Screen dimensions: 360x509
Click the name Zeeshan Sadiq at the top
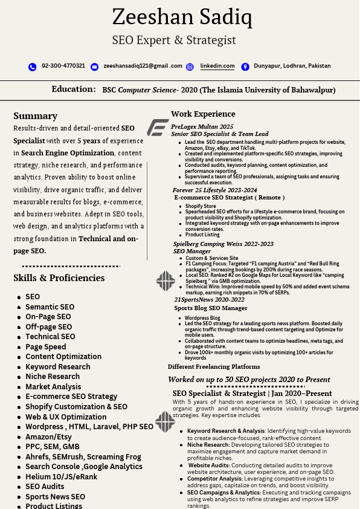(x=182, y=17)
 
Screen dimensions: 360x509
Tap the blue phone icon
(x=32, y=66)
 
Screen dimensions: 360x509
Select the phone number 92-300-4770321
(x=63, y=66)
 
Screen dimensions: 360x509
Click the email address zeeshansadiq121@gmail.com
(x=143, y=66)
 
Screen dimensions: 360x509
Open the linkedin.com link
(x=217, y=66)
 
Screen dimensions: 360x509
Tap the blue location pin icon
(x=245, y=66)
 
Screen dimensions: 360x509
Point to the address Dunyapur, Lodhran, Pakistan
(x=292, y=66)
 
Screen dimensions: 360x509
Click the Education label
(x=74, y=89)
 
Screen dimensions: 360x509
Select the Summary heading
(x=36, y=115)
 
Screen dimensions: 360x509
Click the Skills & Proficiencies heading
(x=59, y=278)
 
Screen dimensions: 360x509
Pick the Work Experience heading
(x=203, y=114)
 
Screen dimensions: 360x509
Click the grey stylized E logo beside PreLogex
(x=158, y=128)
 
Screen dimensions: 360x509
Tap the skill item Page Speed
(x=46, y=347)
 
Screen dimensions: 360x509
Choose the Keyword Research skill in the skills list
(x=58, y=367)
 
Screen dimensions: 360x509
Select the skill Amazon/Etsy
(x=48, y=437)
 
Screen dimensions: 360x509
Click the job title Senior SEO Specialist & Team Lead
(x=220, y=134)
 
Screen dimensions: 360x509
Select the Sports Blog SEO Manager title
(x=211, y=308)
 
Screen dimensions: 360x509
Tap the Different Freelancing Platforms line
(x=214, y=367)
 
